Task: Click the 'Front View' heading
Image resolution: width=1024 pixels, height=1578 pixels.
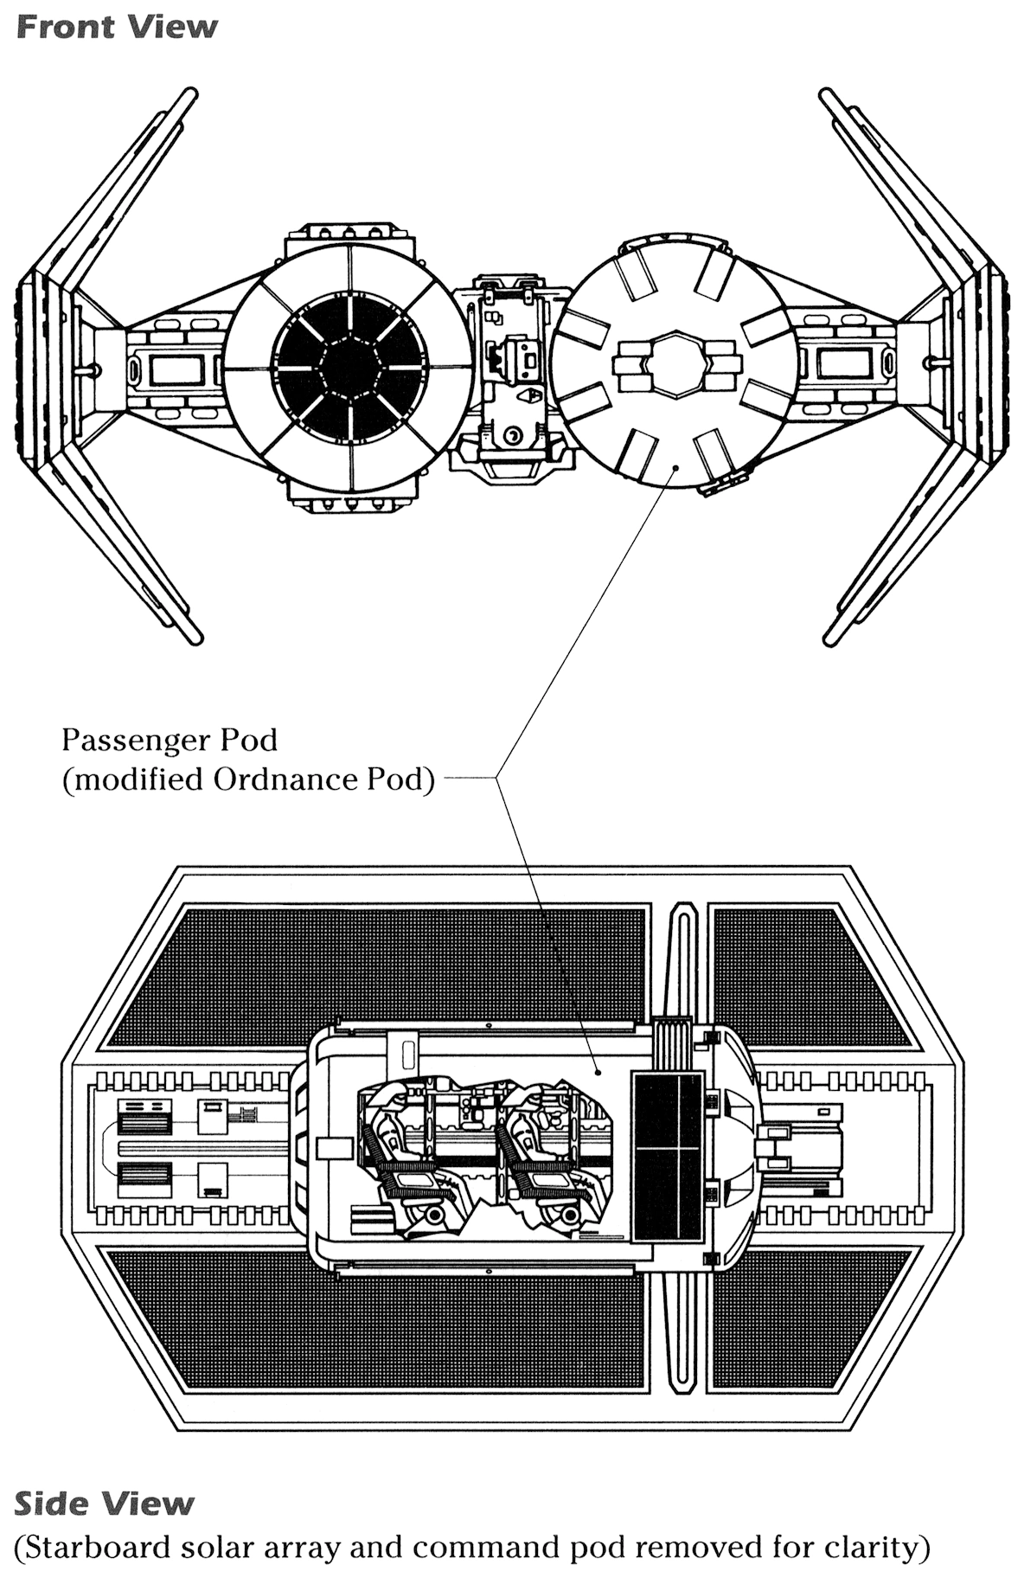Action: (x=117, y=28)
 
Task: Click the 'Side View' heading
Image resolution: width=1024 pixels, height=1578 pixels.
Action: (x=104, y=1504)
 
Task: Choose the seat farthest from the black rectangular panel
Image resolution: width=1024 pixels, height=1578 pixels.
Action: (x=402, y=1168)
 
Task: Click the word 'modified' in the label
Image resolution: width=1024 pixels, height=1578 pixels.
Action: (x=138, y=780)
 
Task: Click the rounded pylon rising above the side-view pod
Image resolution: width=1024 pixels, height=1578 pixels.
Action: (x=682, y=960)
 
